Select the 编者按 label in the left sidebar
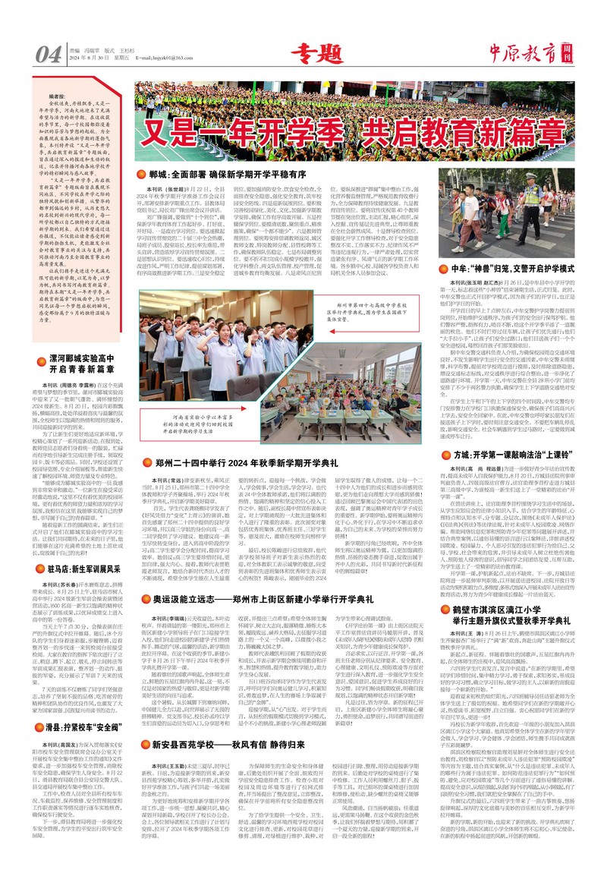(58, 97)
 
